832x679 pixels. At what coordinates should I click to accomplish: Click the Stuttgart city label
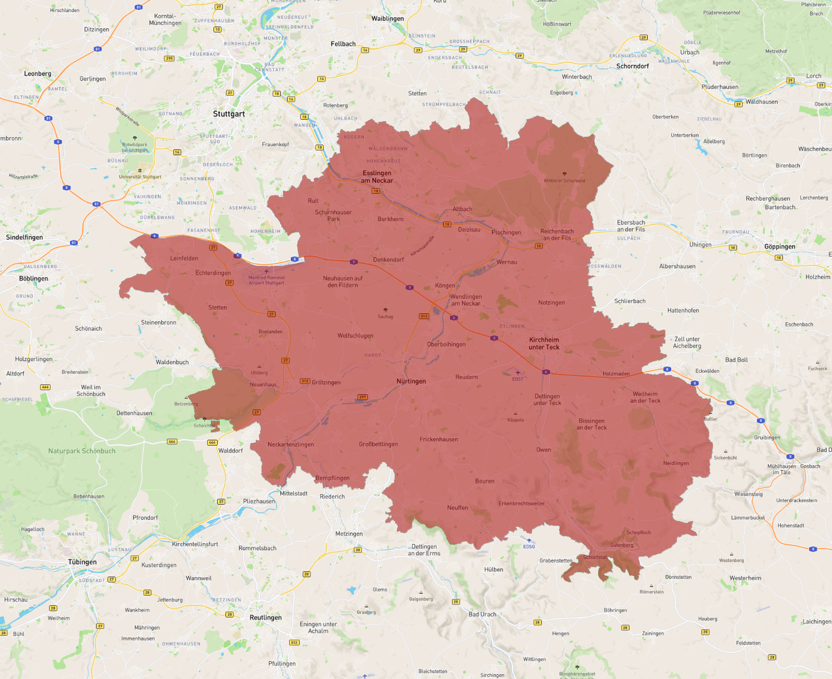click(x=229, y=114)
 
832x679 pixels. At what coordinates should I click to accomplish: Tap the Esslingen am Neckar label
click(x=377, y=177)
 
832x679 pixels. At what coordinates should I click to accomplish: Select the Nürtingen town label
click(x=411, y=381)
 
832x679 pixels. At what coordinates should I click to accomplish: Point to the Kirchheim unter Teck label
click(x=543, y=343)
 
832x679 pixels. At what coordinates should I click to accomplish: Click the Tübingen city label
click(x=82, y=562)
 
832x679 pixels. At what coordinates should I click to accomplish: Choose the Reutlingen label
click(x=265, y=617)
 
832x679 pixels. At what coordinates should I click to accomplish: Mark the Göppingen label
click(x=779, y=247)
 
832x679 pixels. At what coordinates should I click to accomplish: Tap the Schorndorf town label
click(x=632, y=66)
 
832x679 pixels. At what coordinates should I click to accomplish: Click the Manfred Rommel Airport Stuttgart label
click(x=266, y=280)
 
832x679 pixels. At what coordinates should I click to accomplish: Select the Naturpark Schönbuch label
click(x=82, y=451)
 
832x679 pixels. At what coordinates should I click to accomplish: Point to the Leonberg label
click(x=38, y=74)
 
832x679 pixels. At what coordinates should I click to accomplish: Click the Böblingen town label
click(x=33, y=278)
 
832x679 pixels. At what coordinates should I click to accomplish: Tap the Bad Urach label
click(x=482, y=614)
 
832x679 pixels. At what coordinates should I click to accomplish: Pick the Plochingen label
click(x=506, y=232)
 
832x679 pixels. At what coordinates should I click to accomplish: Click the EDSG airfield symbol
click(x=529, y=541)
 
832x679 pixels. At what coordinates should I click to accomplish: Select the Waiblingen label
click(x=387, y=19)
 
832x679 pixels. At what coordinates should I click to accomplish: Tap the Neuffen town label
click(x=457, y=508)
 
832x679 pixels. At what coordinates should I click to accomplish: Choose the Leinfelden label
click(x=184, y=259)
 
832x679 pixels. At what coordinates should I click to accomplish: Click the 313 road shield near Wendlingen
click(x=423, y=316)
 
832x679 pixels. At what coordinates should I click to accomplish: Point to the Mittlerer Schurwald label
click(x=564, y=181)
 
